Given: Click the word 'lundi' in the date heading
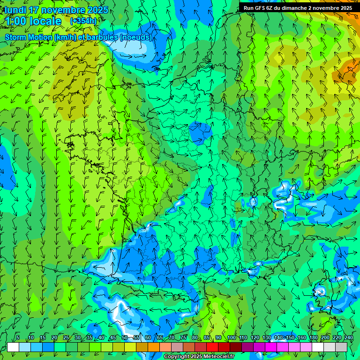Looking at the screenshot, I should click(x=15, y=10).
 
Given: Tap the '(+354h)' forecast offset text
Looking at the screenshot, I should click(x=83, y=21).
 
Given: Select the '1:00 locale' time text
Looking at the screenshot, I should click(x=33, y=21).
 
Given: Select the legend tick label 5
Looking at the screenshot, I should click(x=18, y=337).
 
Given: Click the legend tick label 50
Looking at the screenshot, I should click(x=125, y=337).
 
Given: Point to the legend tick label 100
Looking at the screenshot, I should click(x=231, y=337).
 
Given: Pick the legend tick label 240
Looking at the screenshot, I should click(x=348, y=337).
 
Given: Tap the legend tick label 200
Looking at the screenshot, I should click(x=325, y=337).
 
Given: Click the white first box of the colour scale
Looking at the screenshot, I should click(x=13, y=347).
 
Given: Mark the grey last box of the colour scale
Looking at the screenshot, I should click(x=341, y=347).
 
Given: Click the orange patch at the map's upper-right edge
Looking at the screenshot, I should click(x=349, y=70).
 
